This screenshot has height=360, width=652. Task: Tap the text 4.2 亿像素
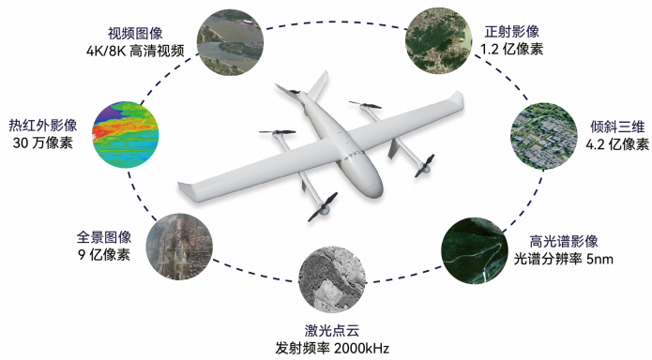(616, 144)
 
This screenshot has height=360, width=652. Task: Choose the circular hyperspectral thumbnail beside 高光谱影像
(476, 250)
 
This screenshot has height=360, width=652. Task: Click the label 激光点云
(332, 330)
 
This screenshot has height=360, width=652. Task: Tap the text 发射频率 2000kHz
(332, 349)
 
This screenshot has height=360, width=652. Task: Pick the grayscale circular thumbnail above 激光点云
(331, 281)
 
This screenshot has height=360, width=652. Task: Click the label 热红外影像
(43, 125)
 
